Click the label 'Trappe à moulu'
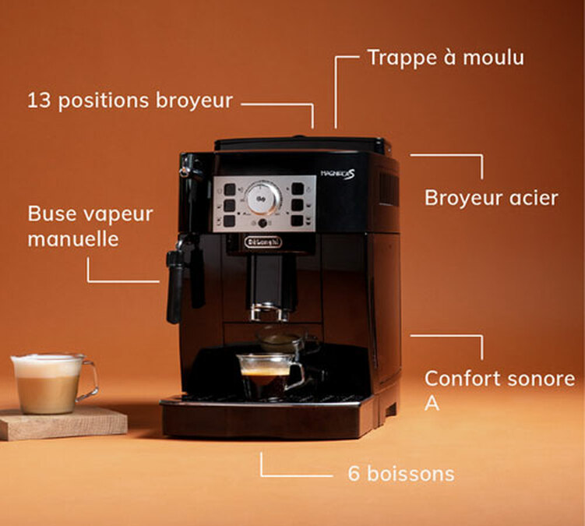click(x=446, y=58)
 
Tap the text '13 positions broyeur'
click(x=130, y=101)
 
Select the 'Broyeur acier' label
click(x=491, y=198)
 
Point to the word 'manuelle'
click(x=73, y=239)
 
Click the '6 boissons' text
click(x=401, y=474)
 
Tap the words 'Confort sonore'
click(x=499, y=379)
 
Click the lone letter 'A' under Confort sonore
click(x=432, y=403)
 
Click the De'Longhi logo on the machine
click(x=263, y=242)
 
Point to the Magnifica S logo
click(x=338, y=175)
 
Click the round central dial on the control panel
click(x=263, y=199)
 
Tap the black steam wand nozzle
click(x=174, y=285)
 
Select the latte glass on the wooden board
click(x=51, y=383)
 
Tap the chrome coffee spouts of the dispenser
click(x=270, y=312)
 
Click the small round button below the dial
click(x=263, y=223)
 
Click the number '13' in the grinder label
click(x=39, y=101)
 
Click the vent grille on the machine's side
click(x=389, y=189)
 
